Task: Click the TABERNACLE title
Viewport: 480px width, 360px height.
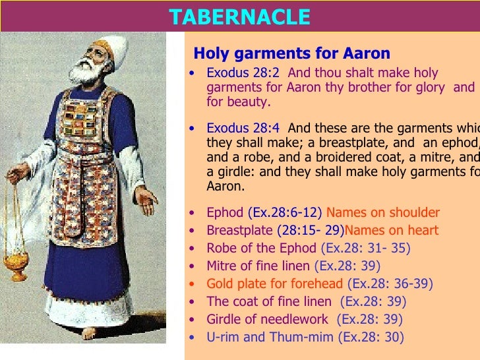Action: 239,17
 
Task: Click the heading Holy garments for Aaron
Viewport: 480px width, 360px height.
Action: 291,53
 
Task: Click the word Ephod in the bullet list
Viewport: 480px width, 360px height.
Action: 225,212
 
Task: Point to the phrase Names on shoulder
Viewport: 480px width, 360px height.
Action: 383,212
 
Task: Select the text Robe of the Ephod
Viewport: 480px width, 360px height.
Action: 262,249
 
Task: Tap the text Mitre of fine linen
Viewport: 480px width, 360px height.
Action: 258,266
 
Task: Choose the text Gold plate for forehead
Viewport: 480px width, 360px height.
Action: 274,284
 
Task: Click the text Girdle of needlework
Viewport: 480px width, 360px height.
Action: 267,320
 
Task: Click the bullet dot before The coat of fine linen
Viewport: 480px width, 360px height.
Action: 191,302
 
